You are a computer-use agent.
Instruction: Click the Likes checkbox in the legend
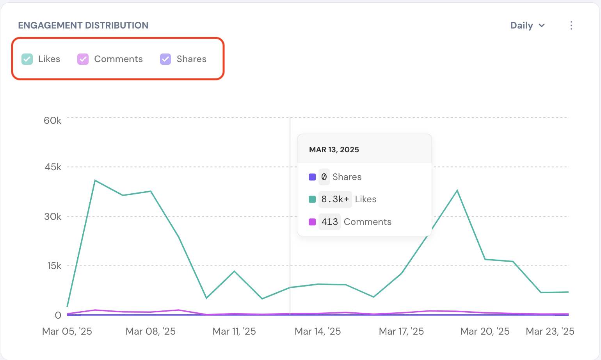(27, 59)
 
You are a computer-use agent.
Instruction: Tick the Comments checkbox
(83, 59)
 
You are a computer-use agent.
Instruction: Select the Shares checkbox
(165, 59)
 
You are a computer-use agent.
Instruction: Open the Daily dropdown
(527, 25)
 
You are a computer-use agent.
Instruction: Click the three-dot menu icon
(571, 25)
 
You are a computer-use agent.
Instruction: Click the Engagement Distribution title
(83, 25)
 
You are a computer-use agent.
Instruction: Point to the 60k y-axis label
(52, 120)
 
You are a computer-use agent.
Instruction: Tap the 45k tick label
(53, 167)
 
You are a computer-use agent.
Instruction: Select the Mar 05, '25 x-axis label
(67, 331)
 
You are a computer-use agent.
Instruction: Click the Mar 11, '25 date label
(234, 331)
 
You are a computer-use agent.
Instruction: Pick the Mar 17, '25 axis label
(401, 331)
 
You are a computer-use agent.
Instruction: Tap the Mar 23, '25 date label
(550, 331)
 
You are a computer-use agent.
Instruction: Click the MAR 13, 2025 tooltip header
(334, 150)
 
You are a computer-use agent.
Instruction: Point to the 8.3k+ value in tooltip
(335, 199)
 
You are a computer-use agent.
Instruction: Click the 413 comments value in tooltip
(329, 222)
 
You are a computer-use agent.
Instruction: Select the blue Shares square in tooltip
(312, 177)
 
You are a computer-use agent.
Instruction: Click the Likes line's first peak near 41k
(95, 180)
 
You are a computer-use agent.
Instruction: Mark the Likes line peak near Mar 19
(457, 191)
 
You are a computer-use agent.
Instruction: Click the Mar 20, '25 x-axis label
(485, 331)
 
